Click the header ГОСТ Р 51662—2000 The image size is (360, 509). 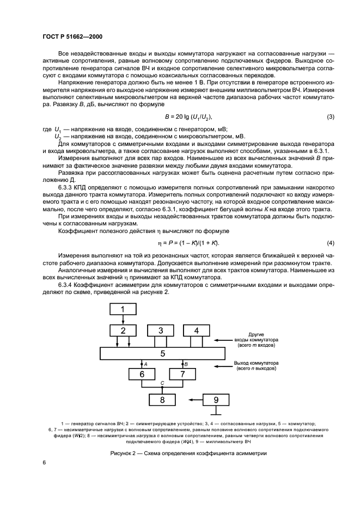click(x=72, y=36)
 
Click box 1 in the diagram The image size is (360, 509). click(x=123, y=309)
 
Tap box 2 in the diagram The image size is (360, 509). click(x=123, y=330)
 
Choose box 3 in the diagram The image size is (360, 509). click(x=161, y=330)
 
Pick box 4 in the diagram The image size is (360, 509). click(x=197, y=330)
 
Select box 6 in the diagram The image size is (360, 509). click(x=142, y=375)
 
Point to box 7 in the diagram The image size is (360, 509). click(x=182, y=375)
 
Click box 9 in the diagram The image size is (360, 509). click(x=217, y=400)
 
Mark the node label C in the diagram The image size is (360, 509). click(x=162, y=383)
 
